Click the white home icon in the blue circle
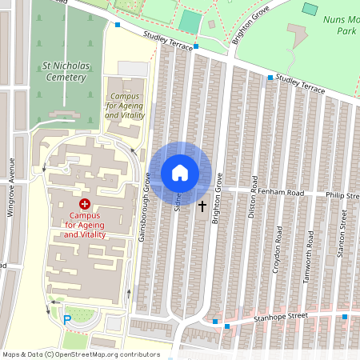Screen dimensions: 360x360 180,173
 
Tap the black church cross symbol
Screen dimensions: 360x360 202,206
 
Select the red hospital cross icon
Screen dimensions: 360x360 84,205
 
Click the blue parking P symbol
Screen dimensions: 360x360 67,320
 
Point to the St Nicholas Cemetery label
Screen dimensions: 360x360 63,71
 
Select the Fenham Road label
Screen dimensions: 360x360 275,193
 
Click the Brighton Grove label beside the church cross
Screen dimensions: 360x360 215,199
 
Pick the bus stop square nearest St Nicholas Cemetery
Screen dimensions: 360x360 118,26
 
